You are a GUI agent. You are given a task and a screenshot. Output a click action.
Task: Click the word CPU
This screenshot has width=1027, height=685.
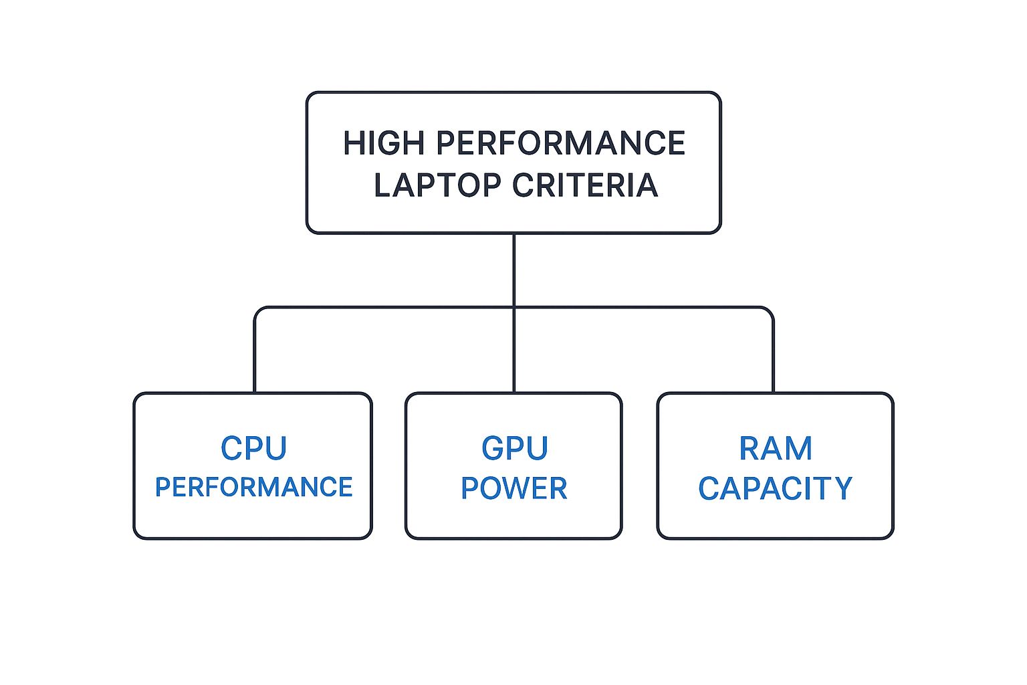(x=253, y=448)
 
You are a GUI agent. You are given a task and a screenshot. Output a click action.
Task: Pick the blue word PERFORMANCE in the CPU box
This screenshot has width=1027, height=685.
(x=253, y=488)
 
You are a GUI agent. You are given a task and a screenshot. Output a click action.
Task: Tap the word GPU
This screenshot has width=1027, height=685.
(x=514, y=448)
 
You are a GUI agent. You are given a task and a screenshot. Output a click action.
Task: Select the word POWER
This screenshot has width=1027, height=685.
(x=513, y=488)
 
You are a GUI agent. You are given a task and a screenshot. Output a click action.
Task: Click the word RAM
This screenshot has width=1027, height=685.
(x=776, y=448)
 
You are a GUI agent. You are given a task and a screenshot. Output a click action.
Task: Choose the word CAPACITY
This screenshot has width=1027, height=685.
(x=776, y=488)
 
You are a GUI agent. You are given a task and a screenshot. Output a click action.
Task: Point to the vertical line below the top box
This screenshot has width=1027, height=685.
(x=513, y=268)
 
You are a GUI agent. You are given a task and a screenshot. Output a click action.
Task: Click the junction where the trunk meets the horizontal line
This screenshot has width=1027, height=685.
(x=513, y=308)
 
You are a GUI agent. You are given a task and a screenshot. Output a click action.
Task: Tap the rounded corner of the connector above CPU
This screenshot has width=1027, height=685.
(x=258, y=311)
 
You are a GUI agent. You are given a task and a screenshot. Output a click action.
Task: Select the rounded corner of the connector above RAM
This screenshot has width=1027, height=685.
(x=770, y=311)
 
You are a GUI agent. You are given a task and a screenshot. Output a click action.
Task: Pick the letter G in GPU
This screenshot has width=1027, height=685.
(x=492, y=448)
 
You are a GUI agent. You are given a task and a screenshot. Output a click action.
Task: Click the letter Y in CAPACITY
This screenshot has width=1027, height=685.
(x=842, y=488)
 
